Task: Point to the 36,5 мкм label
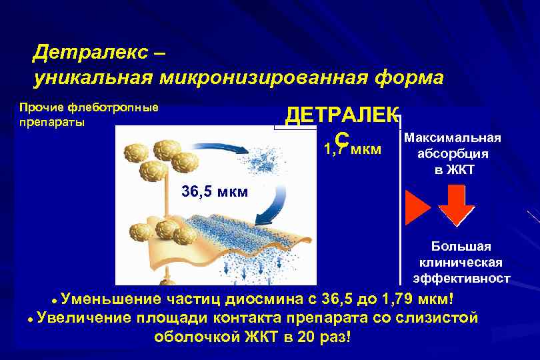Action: click(215, 193)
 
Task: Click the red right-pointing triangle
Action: click(418, 206)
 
